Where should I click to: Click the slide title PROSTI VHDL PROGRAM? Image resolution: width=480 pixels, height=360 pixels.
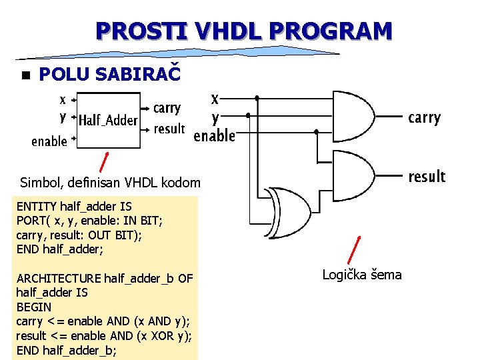pos(243,31)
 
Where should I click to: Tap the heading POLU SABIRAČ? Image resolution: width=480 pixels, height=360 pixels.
pos(109,75)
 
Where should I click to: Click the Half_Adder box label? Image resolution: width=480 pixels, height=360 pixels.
pos(108,121)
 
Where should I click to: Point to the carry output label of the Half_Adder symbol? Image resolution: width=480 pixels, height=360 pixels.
pos(167,108)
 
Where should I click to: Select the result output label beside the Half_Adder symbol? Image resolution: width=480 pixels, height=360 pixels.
pos(169,129)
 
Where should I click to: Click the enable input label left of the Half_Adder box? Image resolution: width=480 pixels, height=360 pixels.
pos(49,141)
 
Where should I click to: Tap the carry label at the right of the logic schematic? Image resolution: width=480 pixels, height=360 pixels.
pos(424,118)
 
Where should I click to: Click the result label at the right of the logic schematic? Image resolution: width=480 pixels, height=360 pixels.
pos(426,177)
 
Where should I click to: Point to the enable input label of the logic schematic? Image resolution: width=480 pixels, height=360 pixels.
pos(214,136)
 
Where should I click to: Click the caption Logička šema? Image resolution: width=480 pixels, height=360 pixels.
pos(362,275)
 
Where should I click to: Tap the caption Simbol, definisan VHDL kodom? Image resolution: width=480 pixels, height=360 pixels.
pos(110,182)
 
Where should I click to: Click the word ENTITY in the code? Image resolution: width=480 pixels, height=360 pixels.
pos(37,207)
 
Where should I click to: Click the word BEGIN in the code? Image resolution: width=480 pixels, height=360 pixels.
pos(33,307)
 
